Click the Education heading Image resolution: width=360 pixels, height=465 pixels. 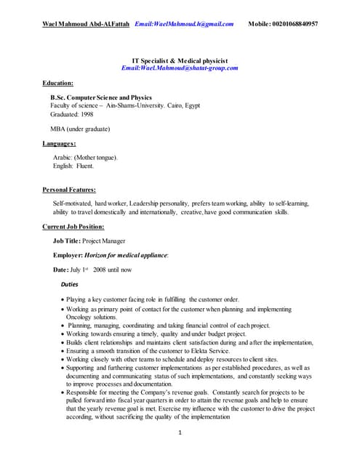(x=57, y=83)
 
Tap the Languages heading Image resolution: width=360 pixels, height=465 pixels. (x=60, y=143)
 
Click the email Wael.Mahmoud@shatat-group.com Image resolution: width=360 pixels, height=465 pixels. (x=180, y=68)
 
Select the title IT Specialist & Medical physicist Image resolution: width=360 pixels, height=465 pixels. (x=180, y=60)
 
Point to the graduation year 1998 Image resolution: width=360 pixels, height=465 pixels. (x=84, y=114)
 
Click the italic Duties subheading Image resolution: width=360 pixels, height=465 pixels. (x=69, y=284)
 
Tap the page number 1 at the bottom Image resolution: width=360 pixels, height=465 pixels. (x=180, y=434)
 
